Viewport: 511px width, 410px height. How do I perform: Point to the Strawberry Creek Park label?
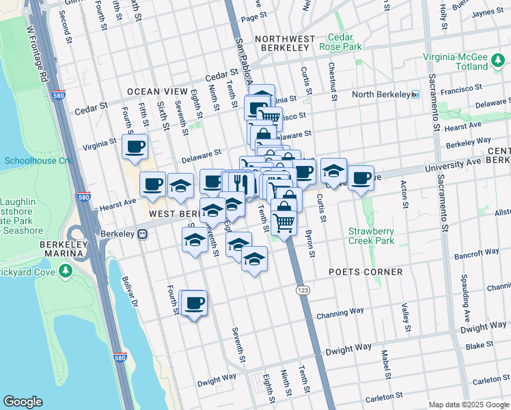point(371,236)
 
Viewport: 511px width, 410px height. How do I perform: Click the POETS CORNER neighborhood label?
point(366,272)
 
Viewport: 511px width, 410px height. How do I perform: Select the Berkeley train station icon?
point(143,234)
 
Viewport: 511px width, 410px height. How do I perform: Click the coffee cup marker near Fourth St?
point(194,303)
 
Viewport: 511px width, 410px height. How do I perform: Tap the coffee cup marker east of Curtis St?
point(361,179)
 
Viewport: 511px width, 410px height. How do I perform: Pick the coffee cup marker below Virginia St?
point(135,146)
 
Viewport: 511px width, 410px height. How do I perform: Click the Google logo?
point(23,402)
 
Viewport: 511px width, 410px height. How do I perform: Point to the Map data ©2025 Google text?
point(469,405)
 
